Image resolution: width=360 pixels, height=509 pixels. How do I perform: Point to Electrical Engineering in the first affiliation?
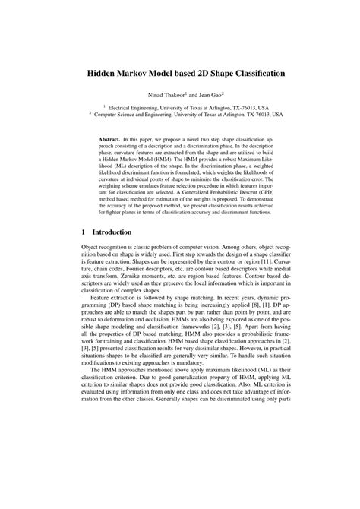click(129, 108)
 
